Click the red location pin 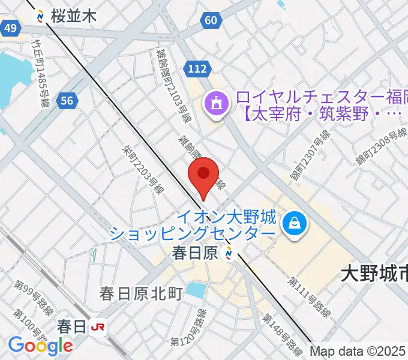(x=203, y=176)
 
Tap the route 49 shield (x=10, y=28)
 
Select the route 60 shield (x=210, y=21)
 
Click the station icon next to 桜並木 (x=40, y=16)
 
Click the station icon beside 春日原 (x=228, y=254)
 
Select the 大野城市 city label (x=374, y=274)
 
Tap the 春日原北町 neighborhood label (x=141, y=293)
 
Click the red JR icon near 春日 (x=97, y=327)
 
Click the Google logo (x=41, y=345)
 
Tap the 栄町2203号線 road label (x=143, y=169)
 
